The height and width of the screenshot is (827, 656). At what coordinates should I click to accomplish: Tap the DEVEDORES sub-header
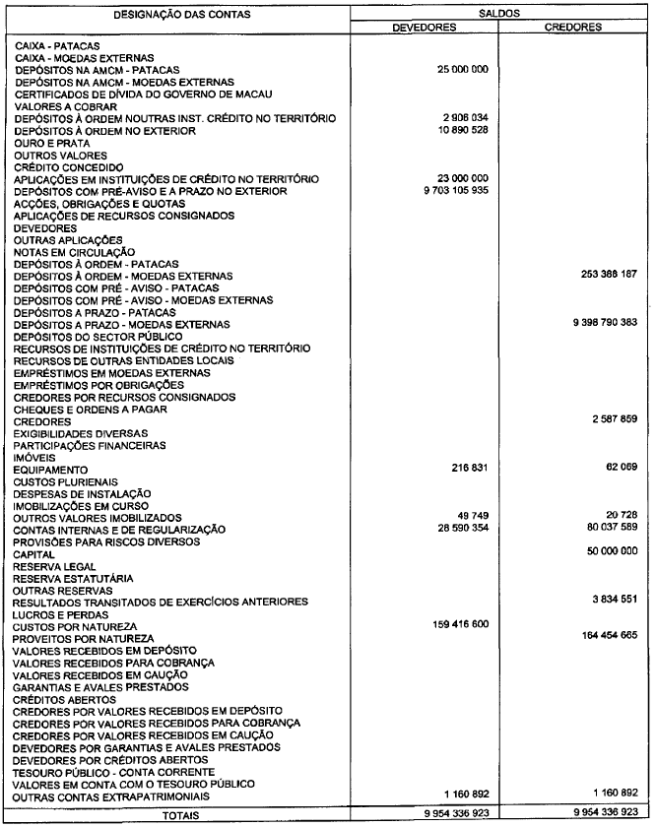pos(425,28)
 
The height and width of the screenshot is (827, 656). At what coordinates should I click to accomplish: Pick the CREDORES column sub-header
pos(572,28)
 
